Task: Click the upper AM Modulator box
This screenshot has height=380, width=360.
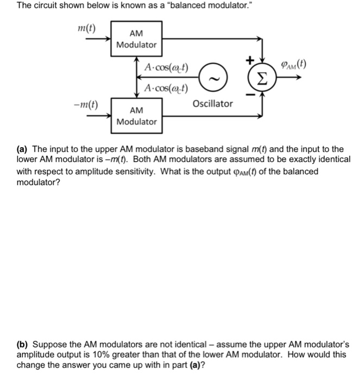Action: pos(136,39)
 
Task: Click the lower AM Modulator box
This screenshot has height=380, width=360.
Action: pos(136,116)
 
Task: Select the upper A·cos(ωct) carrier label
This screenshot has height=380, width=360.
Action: pos(166,68)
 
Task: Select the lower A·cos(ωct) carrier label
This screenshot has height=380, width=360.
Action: pos(166,88)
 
